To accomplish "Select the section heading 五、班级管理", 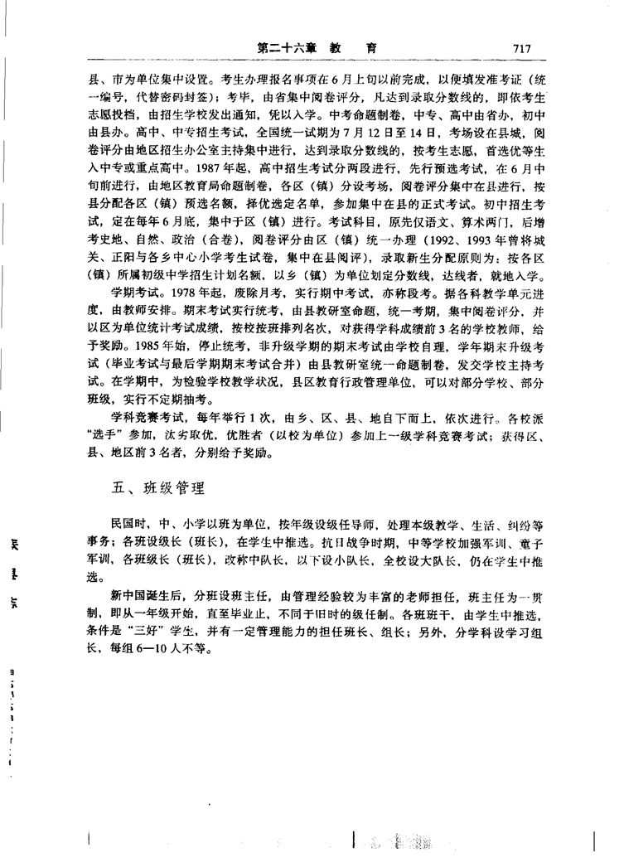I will point(157,487).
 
